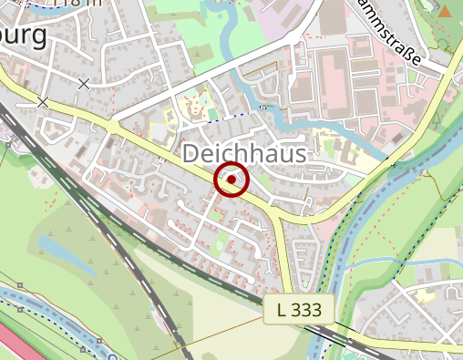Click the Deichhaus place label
tap(243, 154)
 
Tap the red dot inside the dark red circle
tap(231, 180)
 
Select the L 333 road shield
tap(299, 310)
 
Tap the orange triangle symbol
tap(444, 11)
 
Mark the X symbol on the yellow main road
tap(43, 102)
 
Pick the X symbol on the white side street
tap(84, 84)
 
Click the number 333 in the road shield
tap(309, 310)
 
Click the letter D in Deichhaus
tap(192, 154)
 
